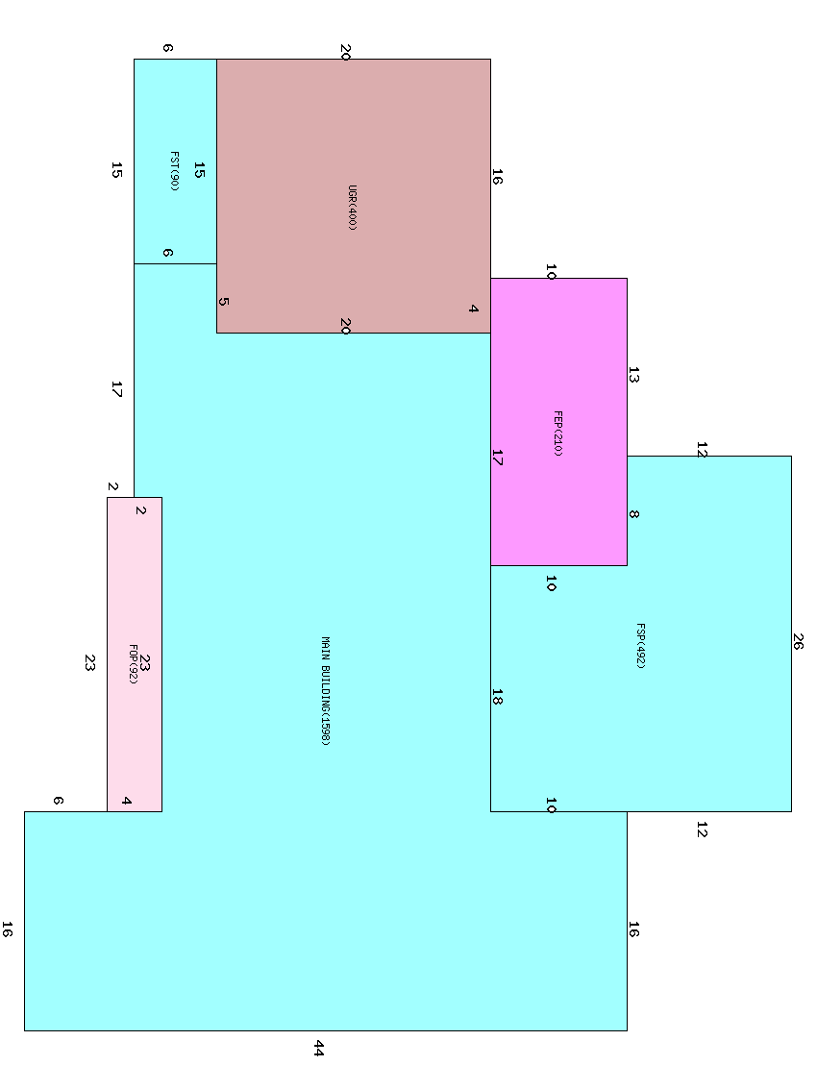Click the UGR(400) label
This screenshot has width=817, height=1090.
coord(352,208)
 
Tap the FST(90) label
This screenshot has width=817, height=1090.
coord(174,171)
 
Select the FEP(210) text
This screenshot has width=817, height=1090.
coord(557,434)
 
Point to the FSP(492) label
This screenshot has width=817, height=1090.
coord(641,646)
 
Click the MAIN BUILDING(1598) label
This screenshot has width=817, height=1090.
coord(326,691)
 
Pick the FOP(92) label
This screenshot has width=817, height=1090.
coord(134,664)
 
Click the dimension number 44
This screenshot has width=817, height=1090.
coord(318,1049)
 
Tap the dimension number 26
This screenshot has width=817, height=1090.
coord(798,642)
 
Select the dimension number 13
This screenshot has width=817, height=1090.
coord(633,376)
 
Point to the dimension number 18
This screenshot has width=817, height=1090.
coord(497,697)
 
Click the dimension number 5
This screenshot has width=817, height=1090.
coord(223,302)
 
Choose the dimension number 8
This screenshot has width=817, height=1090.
coord(633,514)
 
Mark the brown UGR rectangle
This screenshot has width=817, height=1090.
coord(353,196)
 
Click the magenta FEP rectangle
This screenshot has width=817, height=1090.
coord(559,422)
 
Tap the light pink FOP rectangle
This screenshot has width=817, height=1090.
coord(135,655)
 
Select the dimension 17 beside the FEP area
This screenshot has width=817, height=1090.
coord(497,458)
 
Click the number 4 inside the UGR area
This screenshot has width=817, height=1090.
coord(474,309)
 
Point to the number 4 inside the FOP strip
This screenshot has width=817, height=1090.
coord(126,801)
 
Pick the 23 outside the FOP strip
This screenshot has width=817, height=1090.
coord(89,663)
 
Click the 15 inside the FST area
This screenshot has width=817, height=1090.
coord(199,170)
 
